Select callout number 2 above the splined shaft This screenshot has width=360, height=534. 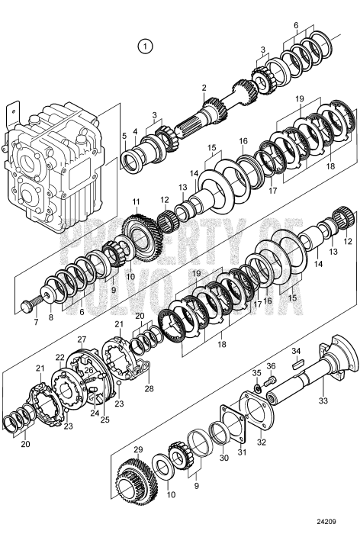pos(204,89)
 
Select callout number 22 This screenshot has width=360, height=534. pos(59,357)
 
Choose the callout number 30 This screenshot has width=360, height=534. pos(223,458)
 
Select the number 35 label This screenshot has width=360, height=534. pos(257,372)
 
